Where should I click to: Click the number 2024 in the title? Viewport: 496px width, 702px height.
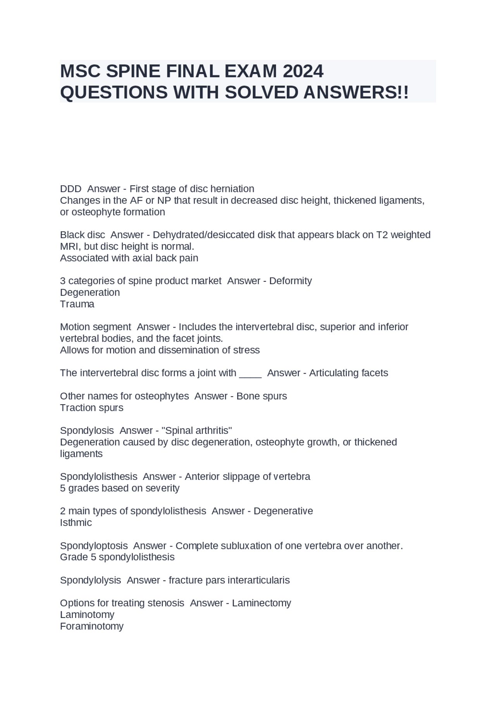tap(303, 71)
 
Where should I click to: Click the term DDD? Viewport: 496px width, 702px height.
tap(71, 189)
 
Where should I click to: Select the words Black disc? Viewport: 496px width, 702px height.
tap(82, 235)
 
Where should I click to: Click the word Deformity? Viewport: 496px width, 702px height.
tap(290, 281)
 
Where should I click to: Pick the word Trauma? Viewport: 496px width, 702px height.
tap(77, 304)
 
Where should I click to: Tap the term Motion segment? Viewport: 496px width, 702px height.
tap(95, 327)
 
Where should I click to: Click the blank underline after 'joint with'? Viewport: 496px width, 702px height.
tap(250, 373)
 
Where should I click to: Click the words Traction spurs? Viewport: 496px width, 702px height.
tap(91, 408)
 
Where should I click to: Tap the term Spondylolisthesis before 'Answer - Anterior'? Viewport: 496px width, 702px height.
tap(98, 476)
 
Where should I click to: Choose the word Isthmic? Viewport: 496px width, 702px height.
tap(76, 523)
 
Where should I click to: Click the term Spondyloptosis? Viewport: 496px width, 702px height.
tap(94, 546)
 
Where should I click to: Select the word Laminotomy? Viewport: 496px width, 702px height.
tap(87, 615)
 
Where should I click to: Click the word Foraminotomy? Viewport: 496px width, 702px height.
tap(92, 626)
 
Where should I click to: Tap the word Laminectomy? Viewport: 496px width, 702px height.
tap(262, 603)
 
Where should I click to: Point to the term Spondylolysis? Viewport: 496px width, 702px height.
tap(90, 580)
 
